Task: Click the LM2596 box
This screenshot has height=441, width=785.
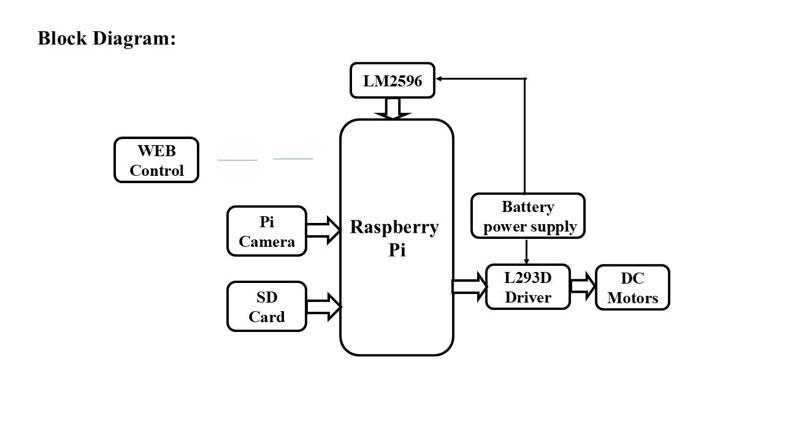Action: click(x=392, y=80)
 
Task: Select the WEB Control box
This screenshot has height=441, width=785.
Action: click(x=156, y=160)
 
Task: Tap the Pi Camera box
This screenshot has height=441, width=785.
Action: click(x=267, y=231)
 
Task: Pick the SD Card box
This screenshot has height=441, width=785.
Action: click(x=267, y=306)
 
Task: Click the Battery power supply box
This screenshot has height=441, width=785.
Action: click(x=528, y=216)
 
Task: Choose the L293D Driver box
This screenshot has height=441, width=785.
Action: click(x=528, y=287)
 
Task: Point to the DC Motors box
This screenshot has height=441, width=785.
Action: click(x=632, y=287)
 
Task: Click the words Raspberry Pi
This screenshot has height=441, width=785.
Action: click(x=394, y=238)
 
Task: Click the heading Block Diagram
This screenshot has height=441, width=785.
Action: click(x=107, y=38)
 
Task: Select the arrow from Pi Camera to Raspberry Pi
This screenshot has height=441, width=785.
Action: click(x=323, y=230)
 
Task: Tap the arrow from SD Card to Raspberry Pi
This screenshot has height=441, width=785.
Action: click(x=323, y=306)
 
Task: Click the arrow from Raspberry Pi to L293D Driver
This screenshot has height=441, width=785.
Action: click(x=469, y=287)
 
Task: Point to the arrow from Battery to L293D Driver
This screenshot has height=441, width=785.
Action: click(x=526, y=251)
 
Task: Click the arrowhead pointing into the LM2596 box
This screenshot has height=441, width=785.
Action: click(x=440, y=78)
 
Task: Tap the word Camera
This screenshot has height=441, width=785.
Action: click(x=267, y=241)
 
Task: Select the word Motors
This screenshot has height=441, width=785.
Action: click(x=632, y=298)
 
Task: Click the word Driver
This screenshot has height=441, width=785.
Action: click(x=528, y=298)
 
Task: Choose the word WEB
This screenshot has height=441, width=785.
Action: click(x=156, y=151)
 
